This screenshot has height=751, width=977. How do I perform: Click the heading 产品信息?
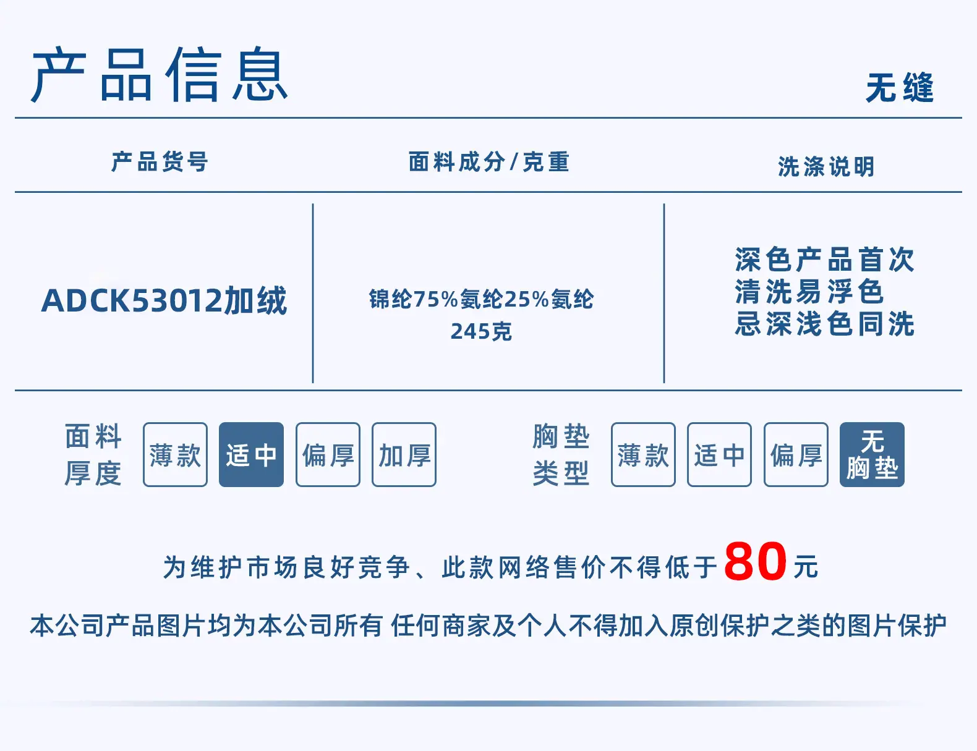click(x=160, y=74)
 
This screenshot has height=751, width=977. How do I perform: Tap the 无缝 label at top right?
click(x=900, y=88)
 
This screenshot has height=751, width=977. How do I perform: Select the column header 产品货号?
click(x=160, y=162)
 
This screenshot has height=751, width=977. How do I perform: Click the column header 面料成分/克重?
click(x=488, y=162)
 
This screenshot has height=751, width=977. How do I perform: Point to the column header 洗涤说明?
click(x=826, y=167)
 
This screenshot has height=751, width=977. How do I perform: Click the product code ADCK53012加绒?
click(x=164, y=300)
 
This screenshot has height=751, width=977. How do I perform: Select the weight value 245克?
click(x=481, y=332)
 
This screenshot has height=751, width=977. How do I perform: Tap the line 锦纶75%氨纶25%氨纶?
click(x=481, y=299)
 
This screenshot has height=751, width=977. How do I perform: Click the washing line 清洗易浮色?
click(x=809, y=292)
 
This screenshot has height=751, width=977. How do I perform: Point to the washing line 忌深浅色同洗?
click(x=825, y=324)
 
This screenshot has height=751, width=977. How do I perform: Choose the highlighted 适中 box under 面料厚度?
click(x=251, y=454)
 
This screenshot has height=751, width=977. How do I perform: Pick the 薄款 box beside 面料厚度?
click(x=176, y=454)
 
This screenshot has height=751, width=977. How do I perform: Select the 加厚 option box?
click(x=404, y=454)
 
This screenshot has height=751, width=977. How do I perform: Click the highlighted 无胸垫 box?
click(x=872, y=454)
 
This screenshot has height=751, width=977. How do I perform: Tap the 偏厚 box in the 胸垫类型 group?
click(x=796, y=454)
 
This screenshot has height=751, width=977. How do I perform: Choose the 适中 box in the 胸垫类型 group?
click(x=719, y=454)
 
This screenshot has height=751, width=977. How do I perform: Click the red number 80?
click(x=756, y=561)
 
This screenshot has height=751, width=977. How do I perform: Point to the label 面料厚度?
click(x=93, y=454)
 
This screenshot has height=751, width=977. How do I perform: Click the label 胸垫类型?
click(x=561, y=454)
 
